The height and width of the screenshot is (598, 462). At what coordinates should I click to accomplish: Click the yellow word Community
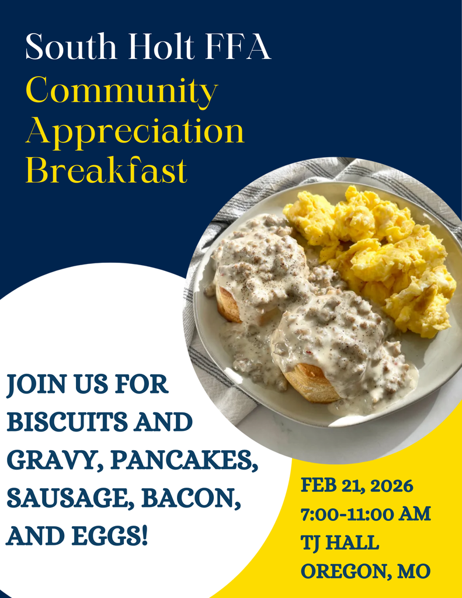point(121,91)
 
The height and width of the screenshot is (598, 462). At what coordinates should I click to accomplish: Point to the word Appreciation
point(134,132)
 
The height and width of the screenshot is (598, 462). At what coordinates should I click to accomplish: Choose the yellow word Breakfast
point(106,171)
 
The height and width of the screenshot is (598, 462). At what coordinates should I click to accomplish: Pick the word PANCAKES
point(184,460)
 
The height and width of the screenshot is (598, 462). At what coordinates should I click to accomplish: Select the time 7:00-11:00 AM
point(366,514)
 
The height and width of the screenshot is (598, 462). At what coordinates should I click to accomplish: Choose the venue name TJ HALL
point(340,543)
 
